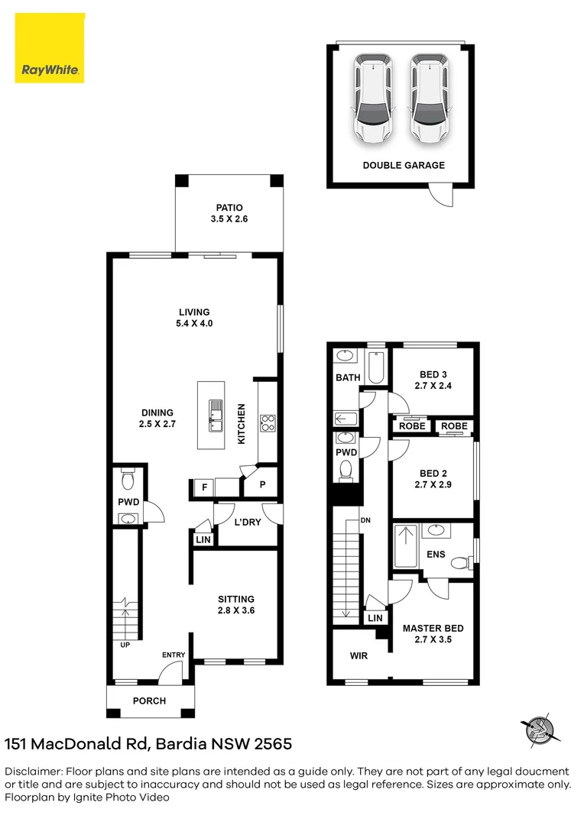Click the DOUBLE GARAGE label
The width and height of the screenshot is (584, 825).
pyautogui.click(x=403, y=165)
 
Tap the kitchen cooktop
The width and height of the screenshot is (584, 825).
pyautogui.click(x=268, y=422)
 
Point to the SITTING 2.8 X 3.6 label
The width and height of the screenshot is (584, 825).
pyautogui.click(x=236, y=605)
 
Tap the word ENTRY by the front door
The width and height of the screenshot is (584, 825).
pyautogui.click(x=173, y=655)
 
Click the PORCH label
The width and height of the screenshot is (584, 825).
pyautogui.click(x=149, y=700)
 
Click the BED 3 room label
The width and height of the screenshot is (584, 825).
pyautogui.click(x=433, y=380)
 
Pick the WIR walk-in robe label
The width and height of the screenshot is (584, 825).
pyautogui.click(x=359, y=655)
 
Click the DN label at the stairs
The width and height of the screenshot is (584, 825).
pyautogui.click(x=365, y=520)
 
